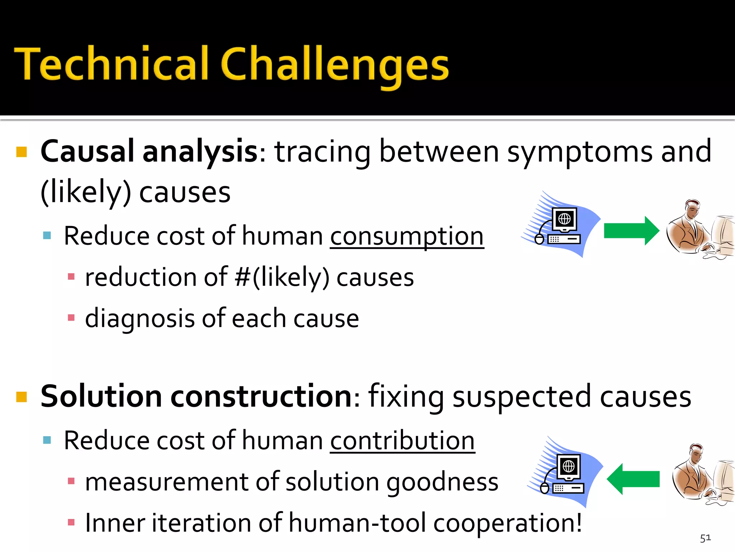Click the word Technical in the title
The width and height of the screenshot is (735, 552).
pos(111,64)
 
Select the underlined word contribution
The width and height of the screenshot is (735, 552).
pos(402,441)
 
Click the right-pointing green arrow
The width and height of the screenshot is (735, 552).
pos(631,231)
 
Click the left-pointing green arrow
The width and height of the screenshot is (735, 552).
pos(633,479)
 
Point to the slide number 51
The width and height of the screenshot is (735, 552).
pos(705,538)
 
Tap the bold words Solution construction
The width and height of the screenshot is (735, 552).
pos(197,396)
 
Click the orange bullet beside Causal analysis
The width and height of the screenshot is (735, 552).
pos(22,152)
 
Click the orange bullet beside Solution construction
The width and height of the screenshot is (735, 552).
pos(22,397)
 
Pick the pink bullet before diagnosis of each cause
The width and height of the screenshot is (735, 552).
pos(71,318)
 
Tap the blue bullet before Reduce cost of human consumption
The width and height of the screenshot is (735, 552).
pos(47,236)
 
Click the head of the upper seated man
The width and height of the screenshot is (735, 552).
pos(692,208)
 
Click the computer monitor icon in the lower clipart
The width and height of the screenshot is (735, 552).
pos(568,467)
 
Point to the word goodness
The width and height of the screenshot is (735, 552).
pos(442,482)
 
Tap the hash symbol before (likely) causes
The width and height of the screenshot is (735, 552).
pos(243,277)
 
